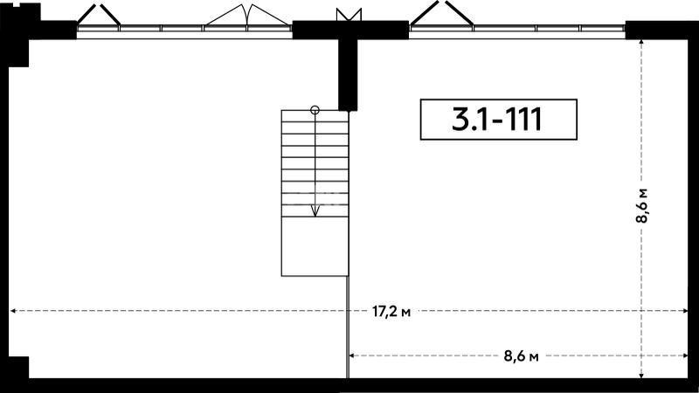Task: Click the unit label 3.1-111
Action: pos(498,120)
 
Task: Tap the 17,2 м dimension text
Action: pos(391,312)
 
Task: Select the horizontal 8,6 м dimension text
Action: pos(521,356)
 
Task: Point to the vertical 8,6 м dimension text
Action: pos(642,206)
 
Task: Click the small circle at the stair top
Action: pos(315,110)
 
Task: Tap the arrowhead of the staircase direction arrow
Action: pos(315,211)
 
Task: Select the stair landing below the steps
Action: pos(315,246)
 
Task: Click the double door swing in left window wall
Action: pos(247,15)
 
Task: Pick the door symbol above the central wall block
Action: pos(349,14)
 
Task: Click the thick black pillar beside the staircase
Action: pos(348,75)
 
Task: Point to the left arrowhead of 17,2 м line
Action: pos(13,311)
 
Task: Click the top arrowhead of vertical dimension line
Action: pos(641,43)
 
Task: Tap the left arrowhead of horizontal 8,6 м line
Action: pos(352,355)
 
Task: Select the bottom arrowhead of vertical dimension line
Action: pos(641,375)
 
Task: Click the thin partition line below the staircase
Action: pos(347,327)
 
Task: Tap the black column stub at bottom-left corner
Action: pos(18,368)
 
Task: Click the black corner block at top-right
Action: pos(661,31)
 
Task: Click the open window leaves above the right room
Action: pos(441,12)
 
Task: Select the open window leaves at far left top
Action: pos(99,15)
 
